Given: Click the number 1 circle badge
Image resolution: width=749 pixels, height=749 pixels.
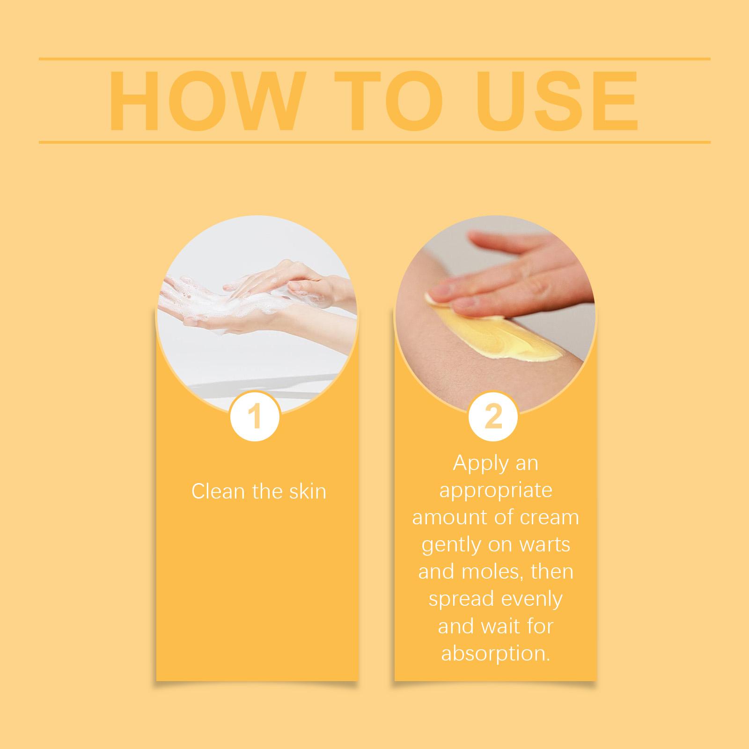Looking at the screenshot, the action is click(x=255, y=416).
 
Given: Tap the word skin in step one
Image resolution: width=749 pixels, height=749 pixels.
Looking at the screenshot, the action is click(x=307, y=492).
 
